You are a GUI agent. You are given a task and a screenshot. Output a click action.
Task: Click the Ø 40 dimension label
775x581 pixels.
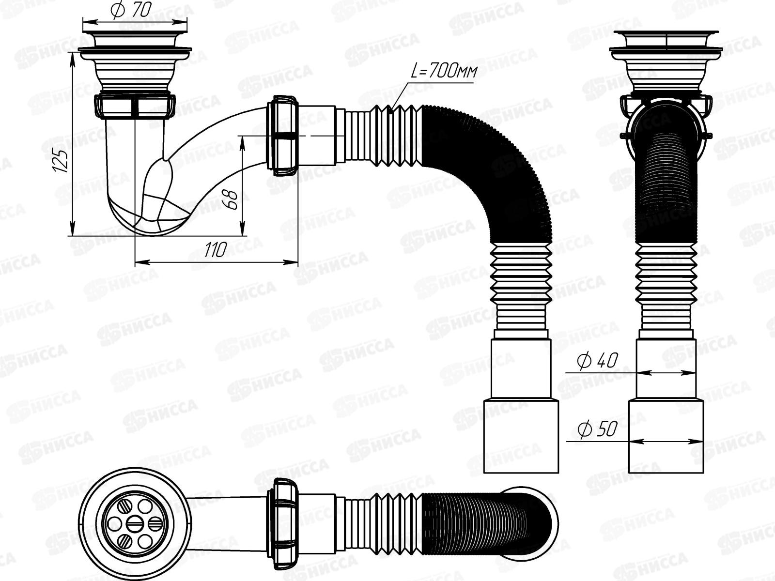[x=598, y=360]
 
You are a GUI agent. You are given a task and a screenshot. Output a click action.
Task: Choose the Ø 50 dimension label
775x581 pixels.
[x=597, y=429]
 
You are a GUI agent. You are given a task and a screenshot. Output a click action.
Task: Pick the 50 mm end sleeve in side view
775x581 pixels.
[x=521, y=436]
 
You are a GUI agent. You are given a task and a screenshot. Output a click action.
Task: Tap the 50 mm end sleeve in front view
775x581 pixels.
[x=666, y=436]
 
